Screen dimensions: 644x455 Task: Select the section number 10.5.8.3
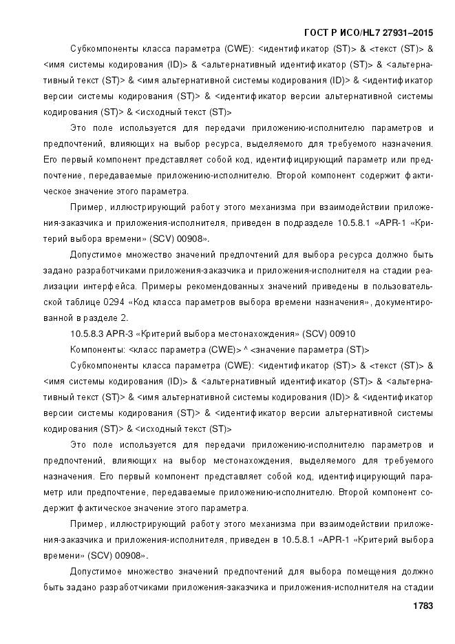(87, 334)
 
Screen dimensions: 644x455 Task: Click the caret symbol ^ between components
(244, 350)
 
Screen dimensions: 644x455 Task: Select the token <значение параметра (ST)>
(310, 350)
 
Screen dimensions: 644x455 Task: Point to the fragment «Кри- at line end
(419, 223)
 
